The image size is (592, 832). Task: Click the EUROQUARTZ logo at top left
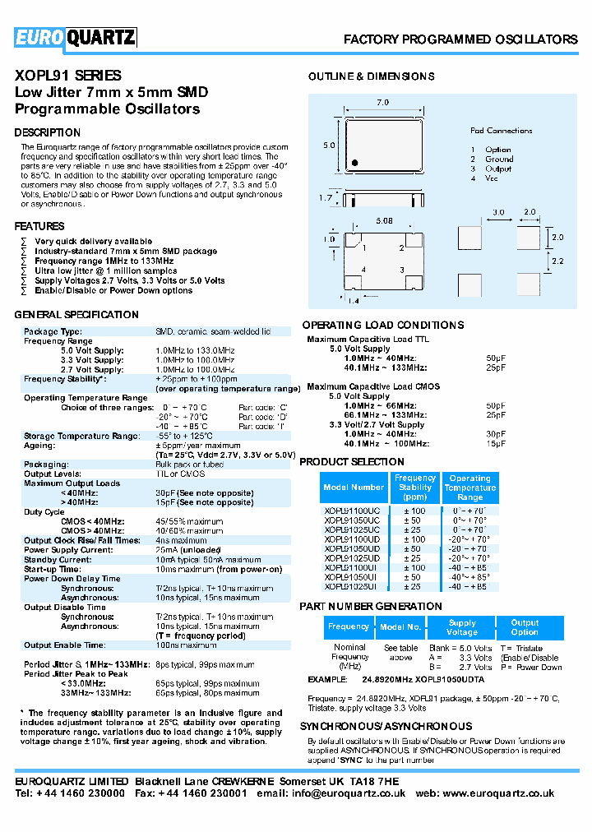pos(75,38)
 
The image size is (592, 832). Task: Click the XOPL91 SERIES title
pos(68,76)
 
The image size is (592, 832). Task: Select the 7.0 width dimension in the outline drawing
pos(382,103)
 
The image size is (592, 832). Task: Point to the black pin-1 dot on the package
pos(354,162)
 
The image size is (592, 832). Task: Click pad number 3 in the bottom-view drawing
pos(401,270)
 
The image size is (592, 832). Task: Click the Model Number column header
pos(354,488)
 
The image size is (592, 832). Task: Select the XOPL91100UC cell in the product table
pos(352,511)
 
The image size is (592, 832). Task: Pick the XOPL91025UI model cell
pos(352,587)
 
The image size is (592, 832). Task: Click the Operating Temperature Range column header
pos(470,488)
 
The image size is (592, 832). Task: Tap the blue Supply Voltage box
pos(462,627)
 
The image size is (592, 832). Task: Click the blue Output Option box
pos(525,627)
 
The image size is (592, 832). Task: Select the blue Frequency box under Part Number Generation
pos(349,626)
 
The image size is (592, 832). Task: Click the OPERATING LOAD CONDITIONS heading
pos(382,325)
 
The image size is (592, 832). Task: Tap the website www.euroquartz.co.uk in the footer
pos(508,794)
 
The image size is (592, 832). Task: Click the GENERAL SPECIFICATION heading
pos(76,315)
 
